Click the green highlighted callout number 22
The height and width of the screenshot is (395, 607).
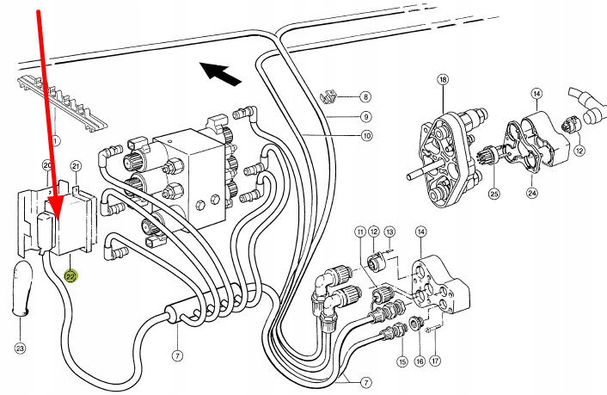pos(71,276)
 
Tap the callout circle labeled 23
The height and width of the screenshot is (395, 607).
pos(20,348)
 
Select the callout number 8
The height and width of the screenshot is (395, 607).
pos(365,96)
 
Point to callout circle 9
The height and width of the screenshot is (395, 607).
pos(365,116)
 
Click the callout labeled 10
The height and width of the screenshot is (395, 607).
pos(366,136)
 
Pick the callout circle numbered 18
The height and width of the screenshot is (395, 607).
pos(443,79)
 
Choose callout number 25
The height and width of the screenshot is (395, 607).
pos(494,194)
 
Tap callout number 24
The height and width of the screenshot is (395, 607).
pos(533,192)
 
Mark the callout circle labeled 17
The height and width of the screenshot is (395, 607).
pos(436,361)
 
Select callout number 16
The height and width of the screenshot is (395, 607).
pos(420,361)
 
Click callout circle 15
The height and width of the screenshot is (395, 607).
pos(402,361)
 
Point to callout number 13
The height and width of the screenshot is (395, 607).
pos(389,231)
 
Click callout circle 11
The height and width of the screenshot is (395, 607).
pos(360,231)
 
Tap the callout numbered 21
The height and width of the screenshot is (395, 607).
pos(76,167)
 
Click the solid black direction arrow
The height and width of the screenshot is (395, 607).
pos(220,74)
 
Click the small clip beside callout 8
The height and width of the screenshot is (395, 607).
pos(328,97)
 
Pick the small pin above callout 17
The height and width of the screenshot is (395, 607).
pos(432,330)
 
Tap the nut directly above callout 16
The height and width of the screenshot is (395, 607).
pos(416,323)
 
